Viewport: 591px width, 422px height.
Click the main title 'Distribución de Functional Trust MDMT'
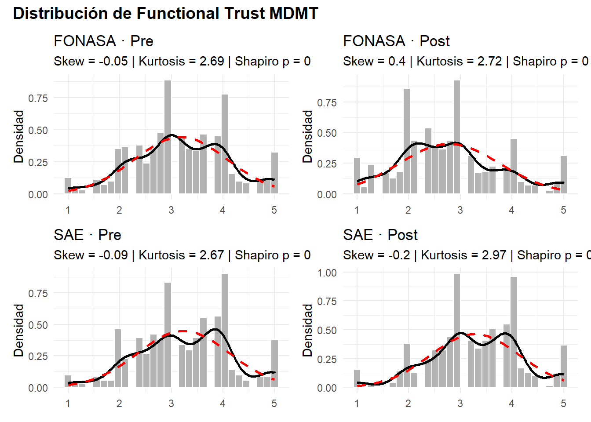coord(165,14)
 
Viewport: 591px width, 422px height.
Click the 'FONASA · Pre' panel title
coord(103,41)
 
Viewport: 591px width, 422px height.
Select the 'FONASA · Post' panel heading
coord(396,41)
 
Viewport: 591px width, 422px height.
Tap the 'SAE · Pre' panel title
coord(88,235)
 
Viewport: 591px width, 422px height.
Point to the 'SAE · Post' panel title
coord(380,235)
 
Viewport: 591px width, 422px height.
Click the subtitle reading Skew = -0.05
coord(182,61)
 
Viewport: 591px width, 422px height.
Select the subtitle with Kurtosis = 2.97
coord(466,255)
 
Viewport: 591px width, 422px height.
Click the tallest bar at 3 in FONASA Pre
coord(168,136)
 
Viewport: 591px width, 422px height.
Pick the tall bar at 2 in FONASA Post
coord(407,141)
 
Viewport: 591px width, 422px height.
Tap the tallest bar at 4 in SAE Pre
coord(225,330)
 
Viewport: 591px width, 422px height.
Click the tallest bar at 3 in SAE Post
coord(457,330)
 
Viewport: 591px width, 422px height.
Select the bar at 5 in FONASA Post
coord(564,175)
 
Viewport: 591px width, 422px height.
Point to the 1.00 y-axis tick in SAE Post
coord(327,273)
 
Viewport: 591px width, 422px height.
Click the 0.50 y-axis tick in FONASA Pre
coord(38,130)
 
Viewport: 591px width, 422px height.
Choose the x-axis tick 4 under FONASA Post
coord(511,210)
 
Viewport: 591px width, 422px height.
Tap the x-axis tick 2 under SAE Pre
coord(119,404)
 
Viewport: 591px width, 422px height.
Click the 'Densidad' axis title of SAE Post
coord(307,330)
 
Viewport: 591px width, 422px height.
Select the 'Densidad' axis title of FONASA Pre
coord(18,136)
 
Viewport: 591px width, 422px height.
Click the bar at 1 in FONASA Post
coord(357,176)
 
